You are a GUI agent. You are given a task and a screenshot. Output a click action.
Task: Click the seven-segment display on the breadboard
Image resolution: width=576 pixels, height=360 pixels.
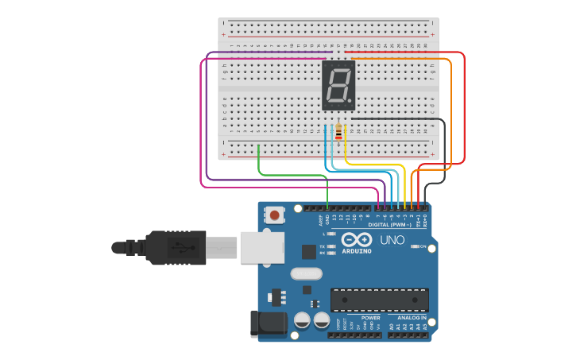pos(338,86)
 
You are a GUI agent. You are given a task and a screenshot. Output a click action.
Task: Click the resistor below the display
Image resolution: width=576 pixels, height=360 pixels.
pos(339,132)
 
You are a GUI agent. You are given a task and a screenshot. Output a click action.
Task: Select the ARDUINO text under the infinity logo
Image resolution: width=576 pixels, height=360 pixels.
pos(357,251)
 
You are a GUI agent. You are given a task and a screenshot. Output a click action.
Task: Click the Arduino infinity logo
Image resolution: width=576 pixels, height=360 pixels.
pos(357,240)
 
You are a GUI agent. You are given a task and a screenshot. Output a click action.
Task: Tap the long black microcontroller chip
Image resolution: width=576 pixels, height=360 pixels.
pos(379,300)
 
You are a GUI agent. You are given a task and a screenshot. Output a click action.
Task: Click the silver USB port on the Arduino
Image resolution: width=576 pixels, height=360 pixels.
pos(261,247)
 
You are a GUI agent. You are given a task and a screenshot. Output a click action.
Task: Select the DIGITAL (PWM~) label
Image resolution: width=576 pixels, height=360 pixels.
pos(389,225)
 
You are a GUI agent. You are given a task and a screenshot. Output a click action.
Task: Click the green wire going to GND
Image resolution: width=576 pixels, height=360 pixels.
pos(294,175)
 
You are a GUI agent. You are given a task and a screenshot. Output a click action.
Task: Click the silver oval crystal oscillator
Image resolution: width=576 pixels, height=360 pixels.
pos(306,274)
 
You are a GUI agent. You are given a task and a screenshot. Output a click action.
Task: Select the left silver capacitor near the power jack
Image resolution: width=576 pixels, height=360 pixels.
pos(302,320)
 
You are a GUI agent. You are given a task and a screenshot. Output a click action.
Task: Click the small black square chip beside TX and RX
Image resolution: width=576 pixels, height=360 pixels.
pos(308,252)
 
